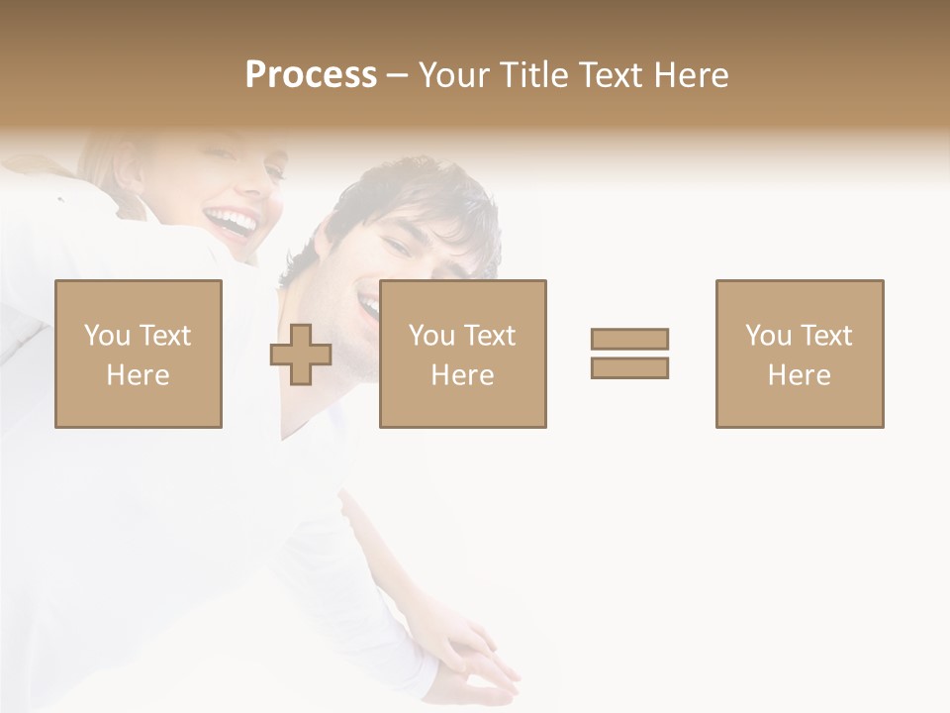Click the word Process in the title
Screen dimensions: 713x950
point(311,75)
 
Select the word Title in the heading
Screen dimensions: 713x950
point(534,75)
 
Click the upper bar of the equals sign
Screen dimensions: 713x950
point(629,339)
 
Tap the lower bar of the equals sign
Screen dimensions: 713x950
point(629,368)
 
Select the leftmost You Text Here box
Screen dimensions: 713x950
point(139,354)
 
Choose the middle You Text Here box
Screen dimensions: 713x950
point(463,354)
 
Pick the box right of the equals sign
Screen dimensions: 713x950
point(800,354)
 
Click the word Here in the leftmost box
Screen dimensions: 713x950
point(139,375)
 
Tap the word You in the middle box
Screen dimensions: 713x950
point(431,336)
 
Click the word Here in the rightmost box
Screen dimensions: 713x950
point(800,375)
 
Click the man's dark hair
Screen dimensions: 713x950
point(416,193)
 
